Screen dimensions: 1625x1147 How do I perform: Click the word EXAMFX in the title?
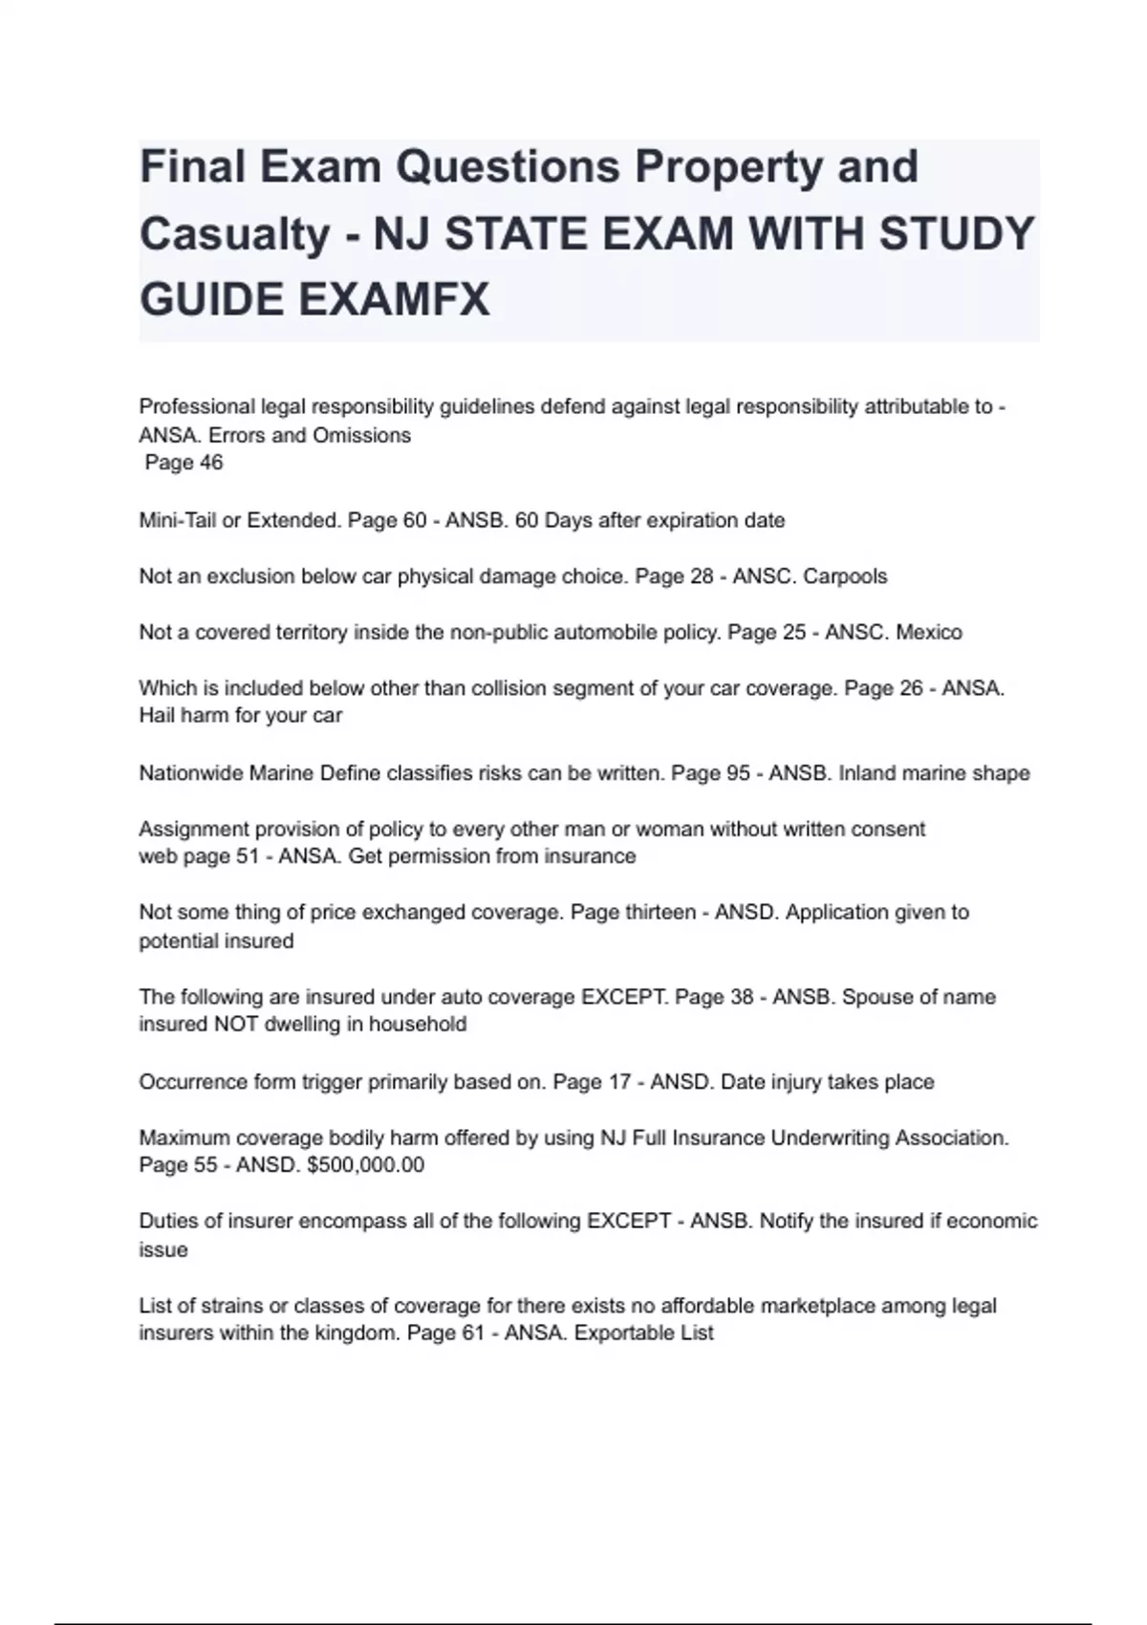coord(394,299)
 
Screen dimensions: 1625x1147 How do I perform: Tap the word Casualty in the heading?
coord(234,233)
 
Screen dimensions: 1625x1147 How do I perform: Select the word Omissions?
coord(363,435)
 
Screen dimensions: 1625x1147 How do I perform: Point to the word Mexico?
coord(929,632)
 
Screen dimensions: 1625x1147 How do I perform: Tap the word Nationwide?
coord(191,772)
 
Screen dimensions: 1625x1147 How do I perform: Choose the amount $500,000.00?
coord(366,1164)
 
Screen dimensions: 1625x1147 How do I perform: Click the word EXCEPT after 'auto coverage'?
coord(624,996)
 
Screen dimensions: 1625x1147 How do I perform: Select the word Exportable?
coord(621,1332)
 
